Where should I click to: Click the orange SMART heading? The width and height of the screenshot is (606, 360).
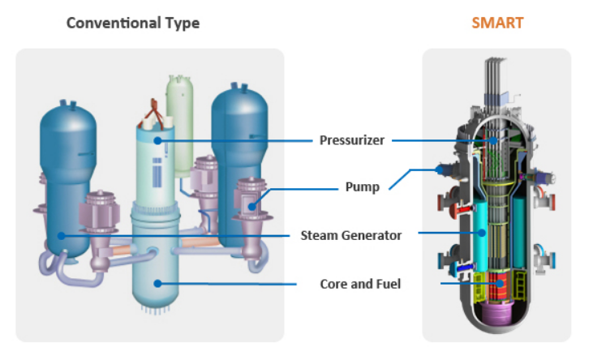coord(497,23)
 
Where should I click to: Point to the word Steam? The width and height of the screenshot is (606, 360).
coord(319,235)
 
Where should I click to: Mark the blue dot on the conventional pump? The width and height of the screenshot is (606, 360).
coord(250,206)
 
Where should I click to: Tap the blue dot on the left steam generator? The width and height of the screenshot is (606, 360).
coord(61,236)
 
